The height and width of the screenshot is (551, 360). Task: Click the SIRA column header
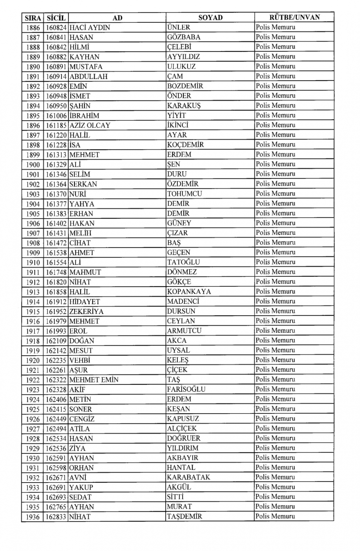tap(33, 18)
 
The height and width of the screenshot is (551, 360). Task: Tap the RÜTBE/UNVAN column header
tap(294, 17)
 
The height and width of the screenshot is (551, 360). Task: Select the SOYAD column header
tap(210, 17)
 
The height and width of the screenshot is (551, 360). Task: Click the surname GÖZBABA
tap(184, 37)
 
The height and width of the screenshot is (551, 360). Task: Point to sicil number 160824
tap(56, 27)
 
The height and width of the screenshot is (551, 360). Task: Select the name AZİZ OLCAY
tap(90, 125)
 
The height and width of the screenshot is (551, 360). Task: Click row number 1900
tap(33, 164)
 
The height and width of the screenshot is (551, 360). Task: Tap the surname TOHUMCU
tap(184, 194)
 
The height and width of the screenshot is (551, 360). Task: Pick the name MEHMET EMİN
tap(94, 380)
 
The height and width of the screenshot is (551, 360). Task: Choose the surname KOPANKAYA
tap(189, 292)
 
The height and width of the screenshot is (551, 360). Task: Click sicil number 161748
tap(56, 272)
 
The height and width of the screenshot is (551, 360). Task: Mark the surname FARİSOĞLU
tap(186, 389)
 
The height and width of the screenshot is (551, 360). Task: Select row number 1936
tap(33, 517)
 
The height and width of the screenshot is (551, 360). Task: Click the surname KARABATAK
tap(188, 477)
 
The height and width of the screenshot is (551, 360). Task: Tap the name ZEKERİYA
tap(86, 311)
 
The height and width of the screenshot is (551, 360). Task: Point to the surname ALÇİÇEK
tap(182, 429)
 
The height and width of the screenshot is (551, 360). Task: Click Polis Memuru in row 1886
tap(275, 27)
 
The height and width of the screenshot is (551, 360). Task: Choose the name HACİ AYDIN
tap(90, 27)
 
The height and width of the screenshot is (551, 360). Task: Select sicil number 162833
tap(56, 517)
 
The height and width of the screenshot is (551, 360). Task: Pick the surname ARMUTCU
tap(184, 331)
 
